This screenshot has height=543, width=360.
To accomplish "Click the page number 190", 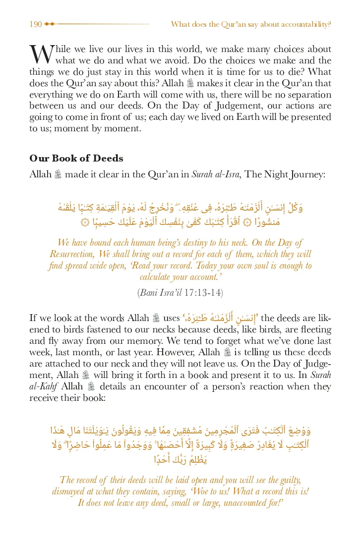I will [x=35, y=24].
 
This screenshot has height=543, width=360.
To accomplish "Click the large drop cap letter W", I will [x=41, y=54].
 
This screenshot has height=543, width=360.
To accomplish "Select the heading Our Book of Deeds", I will [x=76, y=159].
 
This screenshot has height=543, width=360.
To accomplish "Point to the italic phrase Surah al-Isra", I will [x=208, y=174].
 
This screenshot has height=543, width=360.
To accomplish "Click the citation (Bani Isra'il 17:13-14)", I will [x=180, y=292].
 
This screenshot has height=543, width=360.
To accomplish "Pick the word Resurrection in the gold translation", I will [x=73, y=254].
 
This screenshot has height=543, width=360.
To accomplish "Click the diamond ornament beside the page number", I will [x=50, y=24].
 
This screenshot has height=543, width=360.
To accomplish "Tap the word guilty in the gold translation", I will [x=287, y=480].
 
